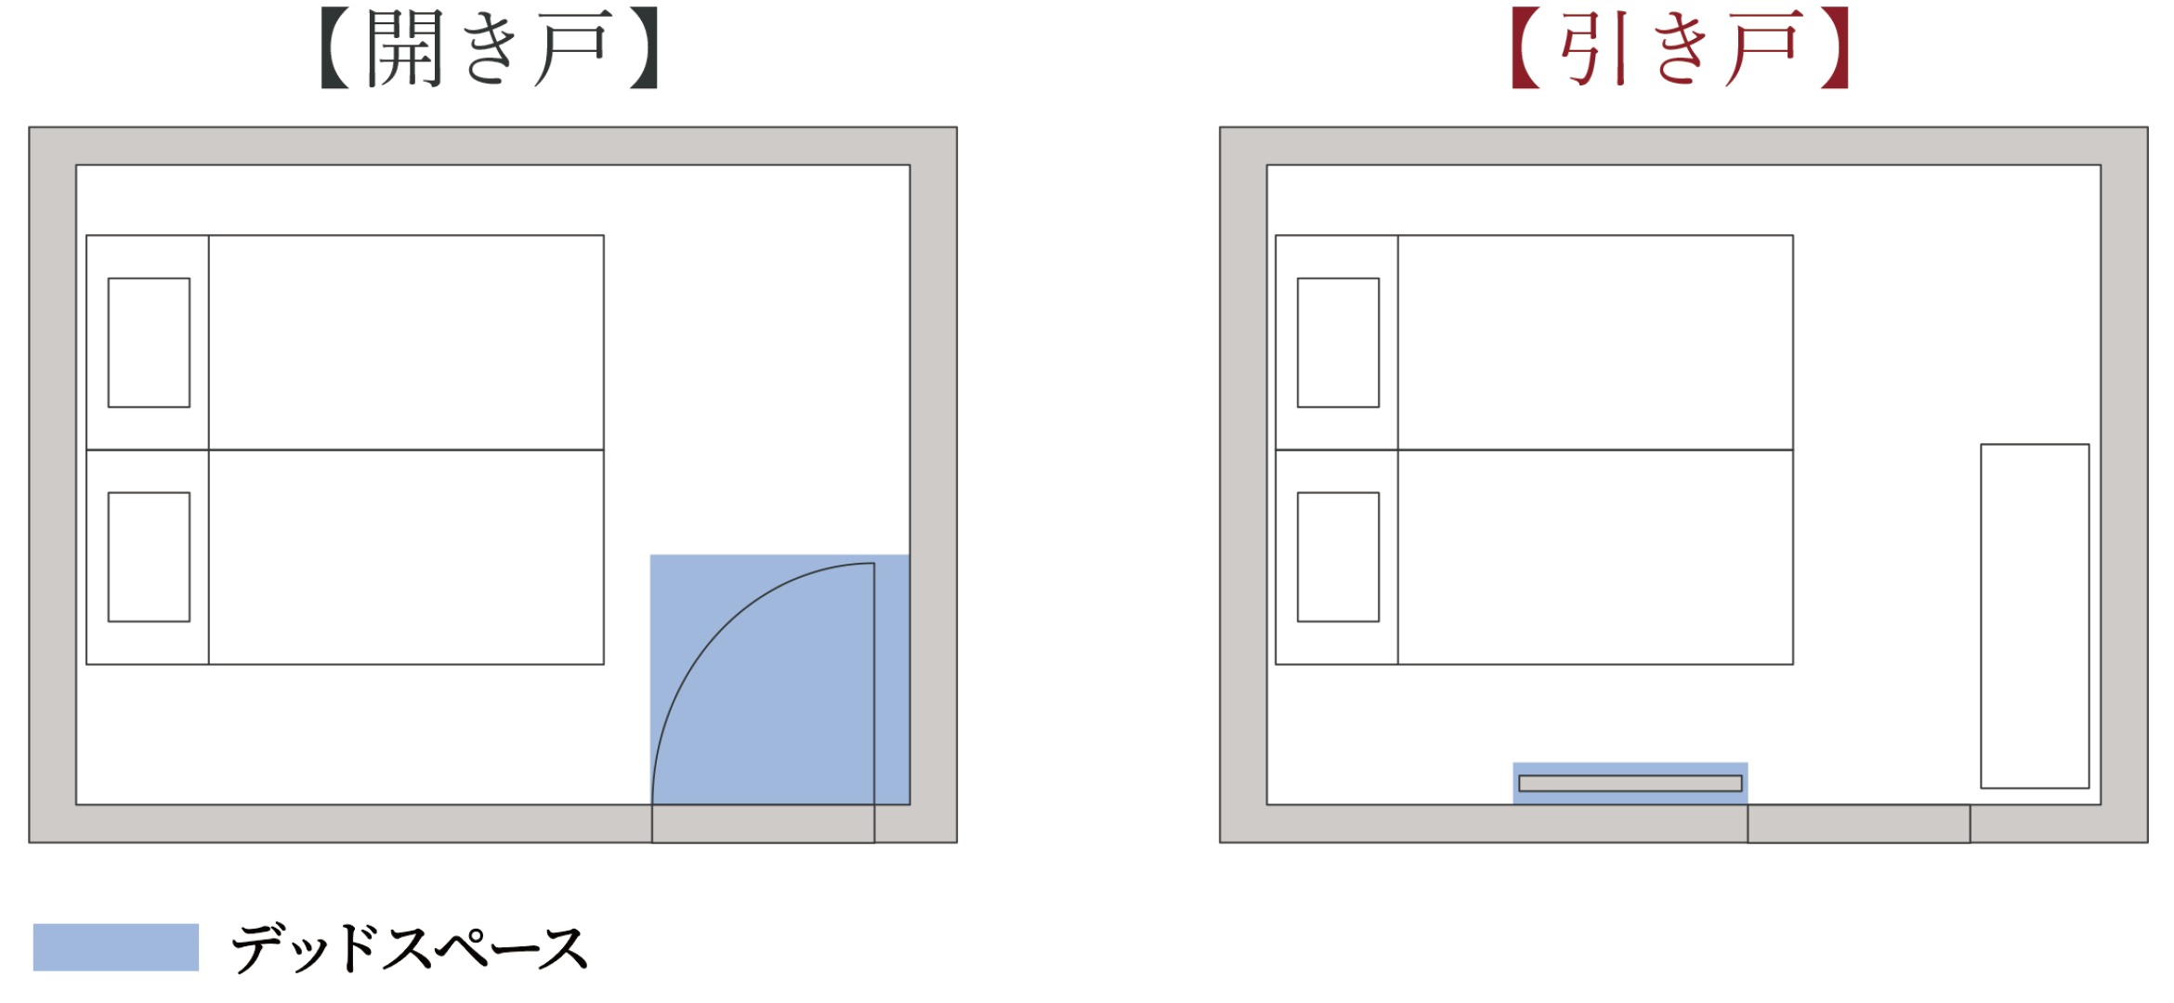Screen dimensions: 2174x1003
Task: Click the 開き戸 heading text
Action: click(490, 49)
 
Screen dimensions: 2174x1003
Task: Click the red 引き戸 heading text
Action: click(1681, 48)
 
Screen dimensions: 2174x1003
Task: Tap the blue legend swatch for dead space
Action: click(116, 947)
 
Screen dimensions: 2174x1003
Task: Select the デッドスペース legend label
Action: click(409, 948)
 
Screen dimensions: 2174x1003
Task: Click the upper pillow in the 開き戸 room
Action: click(149, 343)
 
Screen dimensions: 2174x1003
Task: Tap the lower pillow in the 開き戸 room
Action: click(149, 557)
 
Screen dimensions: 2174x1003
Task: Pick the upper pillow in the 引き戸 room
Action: click(1338, 343)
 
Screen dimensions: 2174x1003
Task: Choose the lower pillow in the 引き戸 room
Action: click(1338, 557)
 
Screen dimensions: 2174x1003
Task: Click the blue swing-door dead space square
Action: click(780, 680)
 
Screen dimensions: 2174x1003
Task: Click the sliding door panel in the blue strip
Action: click(1630, 784)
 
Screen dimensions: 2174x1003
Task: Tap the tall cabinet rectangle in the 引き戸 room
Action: click(2035, 616)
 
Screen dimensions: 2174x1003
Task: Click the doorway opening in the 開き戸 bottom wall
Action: click(763, 824)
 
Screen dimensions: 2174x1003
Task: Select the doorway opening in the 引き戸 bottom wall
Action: click(1858, 824)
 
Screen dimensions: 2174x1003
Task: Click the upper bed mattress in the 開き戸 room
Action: click(406, 343)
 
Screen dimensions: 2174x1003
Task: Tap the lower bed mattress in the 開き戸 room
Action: click(406, 557)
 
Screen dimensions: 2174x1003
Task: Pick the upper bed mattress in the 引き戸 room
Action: click(1595, 343)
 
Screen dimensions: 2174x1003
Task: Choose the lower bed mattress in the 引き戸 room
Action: click(1595, 557)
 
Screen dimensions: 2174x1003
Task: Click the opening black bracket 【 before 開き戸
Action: click(335, 48)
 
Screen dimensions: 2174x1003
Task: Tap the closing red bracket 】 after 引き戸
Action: click(1834, 48)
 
